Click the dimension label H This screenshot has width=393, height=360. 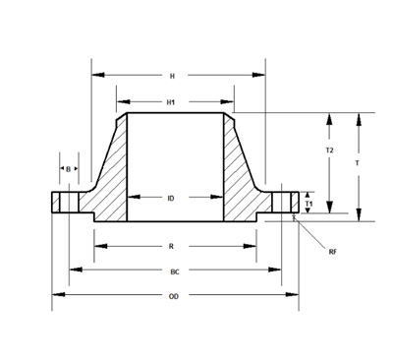pyautogui.click(x=173, y=75)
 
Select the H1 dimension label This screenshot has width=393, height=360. pyautogui.click(x=171, y=100)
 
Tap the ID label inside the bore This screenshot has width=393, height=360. pyautogui.click(x=171, y=198)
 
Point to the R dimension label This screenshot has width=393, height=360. pyautogui.click(x=171, y=246)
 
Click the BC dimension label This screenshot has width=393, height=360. pyautogui.click(x=175, y=270)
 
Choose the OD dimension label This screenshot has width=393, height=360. pyautogui.click(x=174, y=295)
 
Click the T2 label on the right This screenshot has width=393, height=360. pyautogui.click(x=329, y=150)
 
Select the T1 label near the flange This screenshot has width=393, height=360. pyautogui.click(x=309, y=204)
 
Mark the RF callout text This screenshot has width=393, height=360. pyautogui.click(x=333, y=252)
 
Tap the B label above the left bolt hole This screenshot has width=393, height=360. pyautogui.click(x=68, y=169)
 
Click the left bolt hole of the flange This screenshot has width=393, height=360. pyautogui.click(x=69, y=202)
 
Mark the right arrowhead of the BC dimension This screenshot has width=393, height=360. pyautogui.click(x=277, y=270)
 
